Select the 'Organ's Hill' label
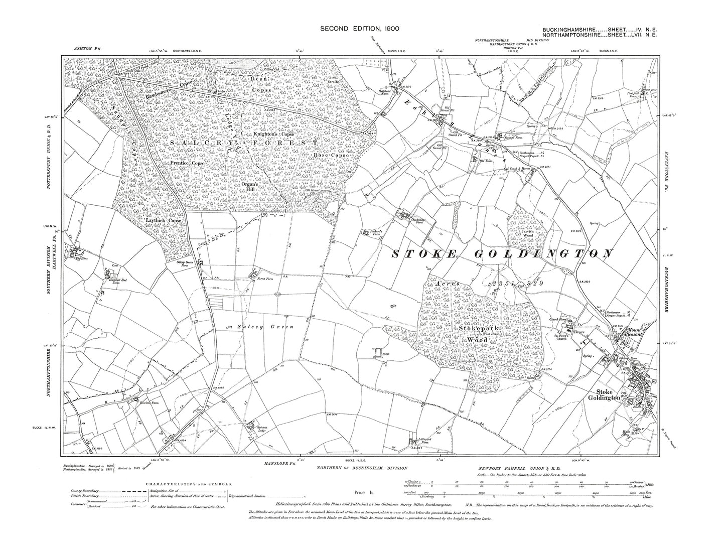[249, 186]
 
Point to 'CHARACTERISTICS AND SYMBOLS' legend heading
[189, 484]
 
